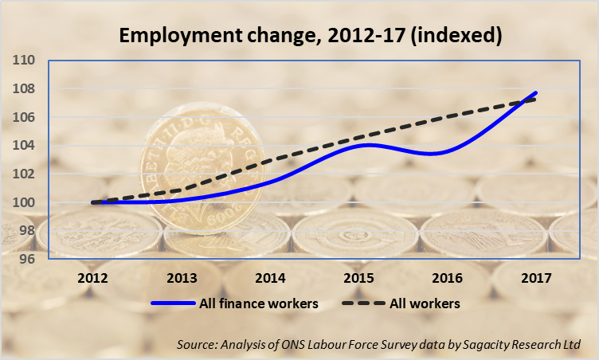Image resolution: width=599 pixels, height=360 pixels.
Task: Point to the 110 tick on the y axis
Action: point(22,60)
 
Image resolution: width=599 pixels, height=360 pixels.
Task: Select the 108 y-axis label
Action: point(22,88)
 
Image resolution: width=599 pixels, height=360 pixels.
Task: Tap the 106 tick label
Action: point(22,117)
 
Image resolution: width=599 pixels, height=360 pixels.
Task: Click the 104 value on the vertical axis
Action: point(22,145)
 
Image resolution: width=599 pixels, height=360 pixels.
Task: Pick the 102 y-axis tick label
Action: point(22,174)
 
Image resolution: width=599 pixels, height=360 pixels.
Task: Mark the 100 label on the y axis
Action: point(22,202)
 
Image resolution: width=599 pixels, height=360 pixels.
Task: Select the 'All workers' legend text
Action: point(424,303)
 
